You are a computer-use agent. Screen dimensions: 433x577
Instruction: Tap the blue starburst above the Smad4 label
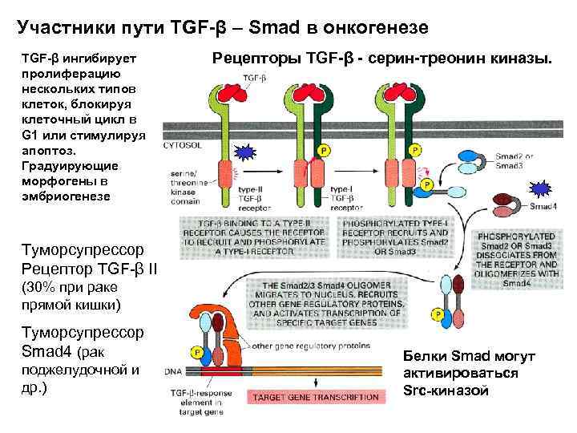(543, 189)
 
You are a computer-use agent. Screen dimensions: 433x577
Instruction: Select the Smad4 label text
(543, 206)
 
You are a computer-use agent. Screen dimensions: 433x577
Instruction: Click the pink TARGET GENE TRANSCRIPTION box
(316, 397)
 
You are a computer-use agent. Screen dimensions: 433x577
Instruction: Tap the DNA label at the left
(172, 371)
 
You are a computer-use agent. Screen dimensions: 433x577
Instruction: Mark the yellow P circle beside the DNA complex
(196, 352)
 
